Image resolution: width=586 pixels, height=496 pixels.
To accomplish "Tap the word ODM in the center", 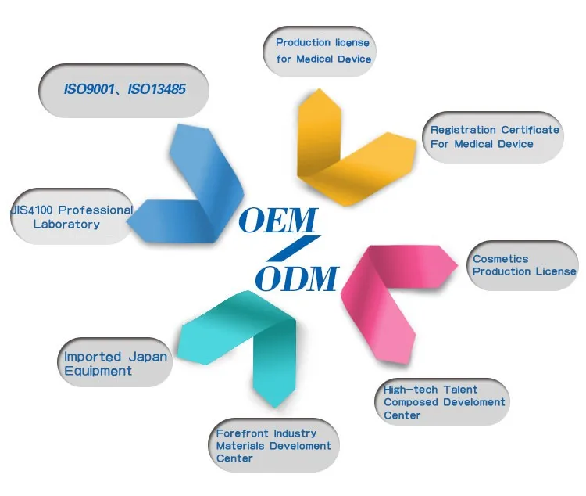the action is pos(297,278).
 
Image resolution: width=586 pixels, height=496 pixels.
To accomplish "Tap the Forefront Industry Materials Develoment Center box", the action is pos(273,445).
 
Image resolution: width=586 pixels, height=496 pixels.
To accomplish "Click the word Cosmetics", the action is pos(501,259).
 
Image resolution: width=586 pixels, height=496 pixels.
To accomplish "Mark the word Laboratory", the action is pos(66,225).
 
